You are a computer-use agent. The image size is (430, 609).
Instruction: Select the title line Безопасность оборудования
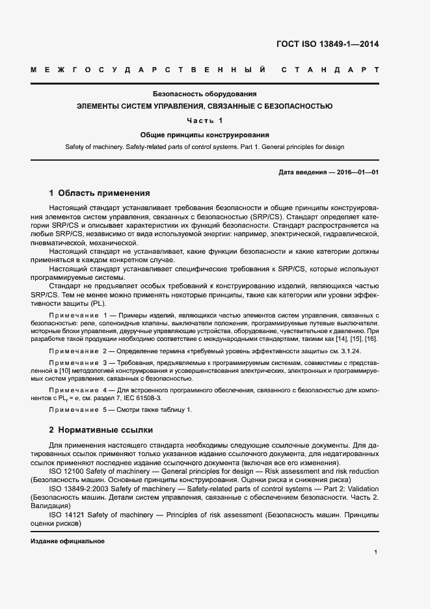[x=205, y=94]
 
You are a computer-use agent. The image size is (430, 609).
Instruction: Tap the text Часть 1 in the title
[x=205, y=120]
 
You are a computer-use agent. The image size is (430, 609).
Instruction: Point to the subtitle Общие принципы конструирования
[x=205, y=135]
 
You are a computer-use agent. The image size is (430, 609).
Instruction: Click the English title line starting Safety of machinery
[x=205, y=147]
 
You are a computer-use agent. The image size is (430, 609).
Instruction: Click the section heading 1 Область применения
[x=100, y=193]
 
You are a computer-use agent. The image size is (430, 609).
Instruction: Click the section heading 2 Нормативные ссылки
[x=101, y=430]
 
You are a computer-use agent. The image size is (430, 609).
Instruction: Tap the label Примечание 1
[x=77, y=315]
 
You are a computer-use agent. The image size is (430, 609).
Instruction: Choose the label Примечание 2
[x=77, y=351]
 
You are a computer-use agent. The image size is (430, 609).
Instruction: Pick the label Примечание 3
[x=77, y=362]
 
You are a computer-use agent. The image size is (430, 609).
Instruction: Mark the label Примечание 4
[x=77, y=388]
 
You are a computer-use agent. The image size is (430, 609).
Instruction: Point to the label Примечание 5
[x=77, y=409]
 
